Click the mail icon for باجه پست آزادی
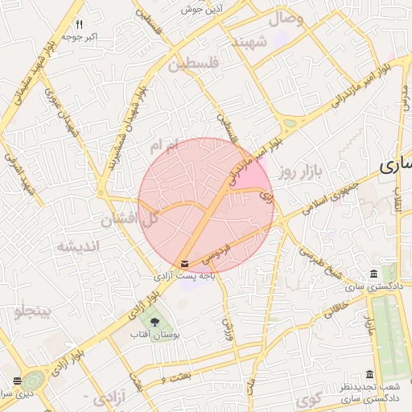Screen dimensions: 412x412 [186, 264]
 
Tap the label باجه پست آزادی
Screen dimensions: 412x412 [186, 275]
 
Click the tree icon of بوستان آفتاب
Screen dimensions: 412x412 [154, 323]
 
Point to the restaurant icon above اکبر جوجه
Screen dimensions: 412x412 [79, 25]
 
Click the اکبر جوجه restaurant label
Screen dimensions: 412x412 [80, 37]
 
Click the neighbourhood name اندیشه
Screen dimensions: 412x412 [76, 247]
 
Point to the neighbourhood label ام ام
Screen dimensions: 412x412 [162, 146]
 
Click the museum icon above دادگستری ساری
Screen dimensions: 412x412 [373, 274]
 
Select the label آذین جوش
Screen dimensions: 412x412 [202, 9]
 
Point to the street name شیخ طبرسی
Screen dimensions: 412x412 [316, 251]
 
